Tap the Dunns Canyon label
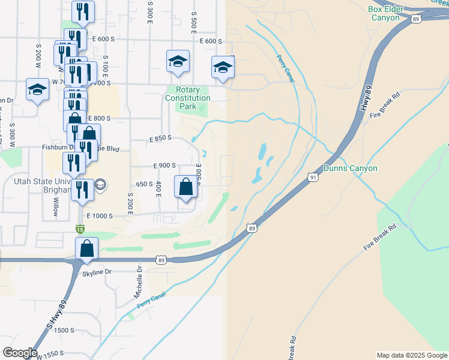coord(351,169)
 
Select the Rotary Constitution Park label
coord(188,98)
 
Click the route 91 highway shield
coord(313,177)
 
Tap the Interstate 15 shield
coord(80,229)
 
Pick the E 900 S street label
coord(164,166)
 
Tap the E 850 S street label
coord(160,138)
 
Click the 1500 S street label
coord(64,331)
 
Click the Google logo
coord(20,353)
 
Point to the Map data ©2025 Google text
coord(412,355)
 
